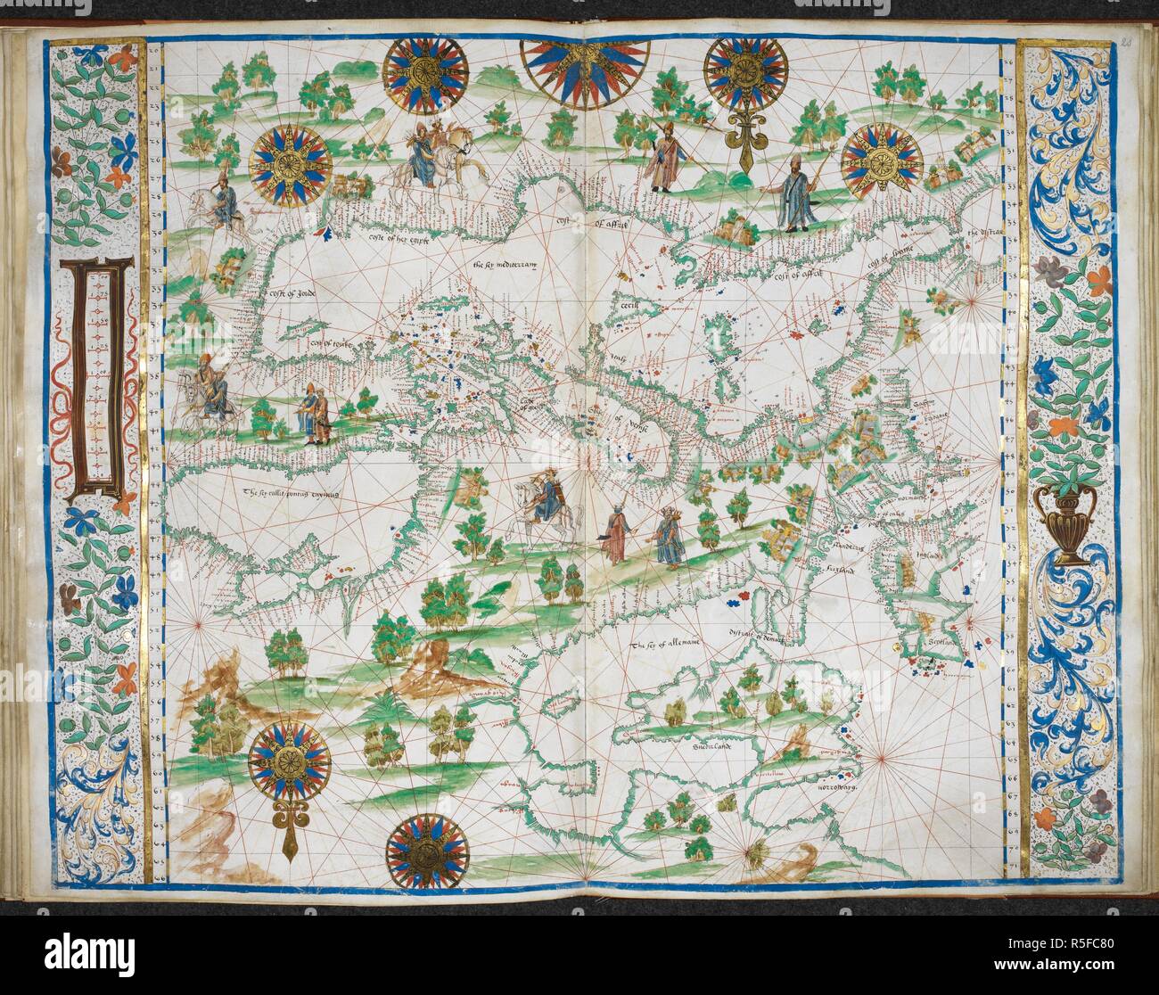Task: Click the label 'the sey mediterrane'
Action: tap(507, 265)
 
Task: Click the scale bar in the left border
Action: tap(105, 374)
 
